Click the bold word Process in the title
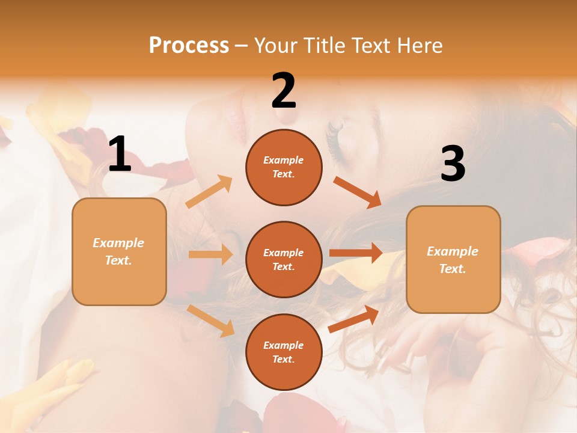tap(189, 45)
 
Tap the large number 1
tap(120, 154)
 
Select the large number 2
tap(284, 90)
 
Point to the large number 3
tap(453, 164)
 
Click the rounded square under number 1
tap(119, 251)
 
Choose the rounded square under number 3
tap(453, 259)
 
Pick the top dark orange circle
tap(284, 167)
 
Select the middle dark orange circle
tap(284, 259)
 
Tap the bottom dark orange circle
tap(284, 352)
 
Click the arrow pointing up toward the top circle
tap(209, 191)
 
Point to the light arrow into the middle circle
tap(210, 254)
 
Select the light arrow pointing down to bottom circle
tap(210, 320)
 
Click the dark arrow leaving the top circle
tap(358, 192)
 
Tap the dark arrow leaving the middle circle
tap(356, 253)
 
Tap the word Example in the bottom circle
tap(284, 345)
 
